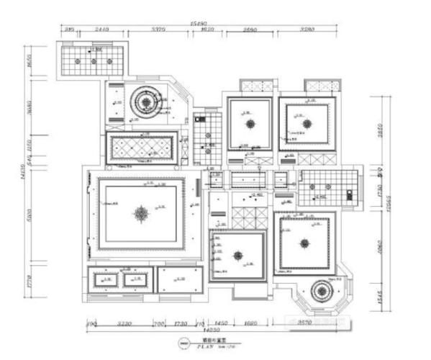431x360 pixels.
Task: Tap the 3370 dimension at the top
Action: click(160, 31)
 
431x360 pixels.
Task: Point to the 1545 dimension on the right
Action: click(381, 295)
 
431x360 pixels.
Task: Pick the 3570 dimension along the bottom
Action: click(304, 323)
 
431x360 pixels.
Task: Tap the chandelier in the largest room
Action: click(141, 212)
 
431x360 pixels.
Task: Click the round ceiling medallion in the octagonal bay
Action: click(319, 292)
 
